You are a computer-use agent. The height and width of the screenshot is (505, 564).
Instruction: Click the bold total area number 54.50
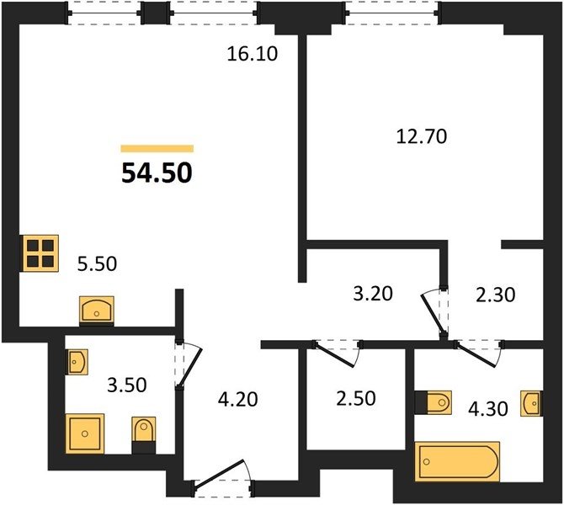tap(157, 173)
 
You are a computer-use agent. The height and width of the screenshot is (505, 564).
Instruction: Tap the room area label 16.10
tap(253, 54)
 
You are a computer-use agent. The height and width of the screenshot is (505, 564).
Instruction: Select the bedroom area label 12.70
tap(422, 136)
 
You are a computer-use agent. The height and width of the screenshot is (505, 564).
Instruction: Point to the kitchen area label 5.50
tap(97, 263)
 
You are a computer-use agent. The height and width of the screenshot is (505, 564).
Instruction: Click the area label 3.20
tap(373, 294)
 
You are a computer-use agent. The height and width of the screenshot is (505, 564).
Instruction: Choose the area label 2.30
tap(496, 295)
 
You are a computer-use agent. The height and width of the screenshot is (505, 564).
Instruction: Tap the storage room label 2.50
tap(356, 399)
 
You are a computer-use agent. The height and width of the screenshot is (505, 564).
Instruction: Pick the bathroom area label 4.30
tap(488, 409)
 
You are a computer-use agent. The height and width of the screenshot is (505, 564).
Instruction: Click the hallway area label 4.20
tap(238, 399)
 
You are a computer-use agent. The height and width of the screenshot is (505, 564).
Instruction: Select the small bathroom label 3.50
tap(127, 385)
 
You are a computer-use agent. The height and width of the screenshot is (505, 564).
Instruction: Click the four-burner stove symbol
tap(40, 252)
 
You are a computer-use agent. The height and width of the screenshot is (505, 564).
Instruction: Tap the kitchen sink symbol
tap(97, 310)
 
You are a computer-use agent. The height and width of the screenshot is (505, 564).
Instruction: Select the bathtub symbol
tap(457, 461)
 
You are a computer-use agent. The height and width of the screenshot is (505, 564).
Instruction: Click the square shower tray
tap(85, 433)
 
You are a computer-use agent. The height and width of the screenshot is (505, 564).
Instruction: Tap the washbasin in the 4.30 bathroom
tap(532, 403)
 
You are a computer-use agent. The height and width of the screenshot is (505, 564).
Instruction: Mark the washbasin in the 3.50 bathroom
tap(77, 361)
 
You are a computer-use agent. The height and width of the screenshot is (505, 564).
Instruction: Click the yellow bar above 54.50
tap(157, 148)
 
